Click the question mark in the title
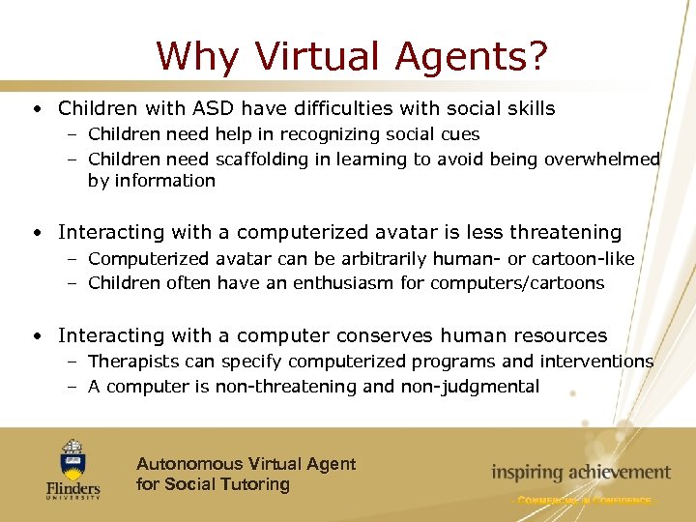pos(536,55)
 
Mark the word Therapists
pos(130,362)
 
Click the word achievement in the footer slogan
pos(616,473)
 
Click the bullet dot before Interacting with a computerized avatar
pos(35,233)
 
